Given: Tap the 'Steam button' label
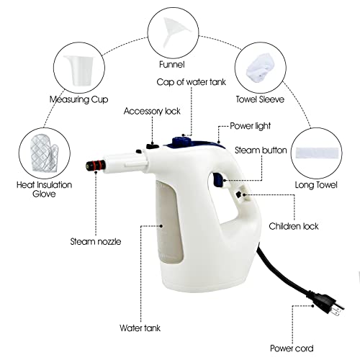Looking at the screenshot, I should pyautogui.click(x=261, y=150).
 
